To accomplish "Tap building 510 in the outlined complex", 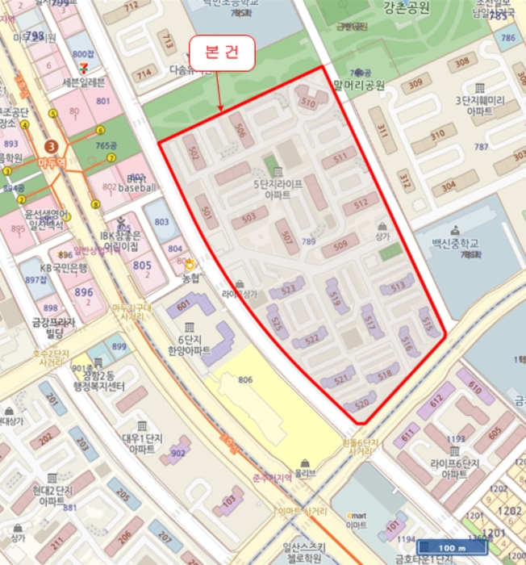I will pyautogui.click(x=308, y=103).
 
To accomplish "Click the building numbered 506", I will pyautogui.click(x=239, y=127).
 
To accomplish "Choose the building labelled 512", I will pyautogui.click(x=361, y=203).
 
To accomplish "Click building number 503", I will pyautogui.click(x=249, y=216).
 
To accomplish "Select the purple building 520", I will pyautogui.click(x=362, y=403).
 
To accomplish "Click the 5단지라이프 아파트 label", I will pyautogui.click(x=278, y=189).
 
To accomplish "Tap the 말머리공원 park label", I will pyautogui.click(x=357, y=84).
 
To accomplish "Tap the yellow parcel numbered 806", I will pyautogui.click(x=246, y=379).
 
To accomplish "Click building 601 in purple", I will pyautogui.click(x=184, y=305).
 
